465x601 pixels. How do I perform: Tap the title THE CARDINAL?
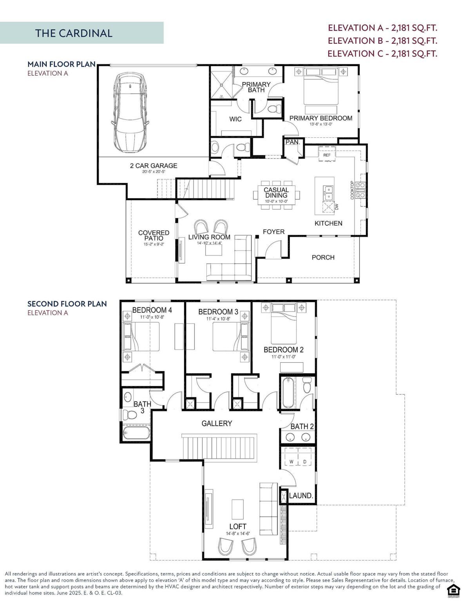pyautogui.click(x=74, y=33)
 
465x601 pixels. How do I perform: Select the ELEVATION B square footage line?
pyautogui.click(x=382, y=41)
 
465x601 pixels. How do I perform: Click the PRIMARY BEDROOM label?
pyautogui.click(x=320, y=118)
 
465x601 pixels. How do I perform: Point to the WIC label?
pyautogui.click(x=235, y=119)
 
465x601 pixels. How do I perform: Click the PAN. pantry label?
pyautogui.click(x=292, y=142)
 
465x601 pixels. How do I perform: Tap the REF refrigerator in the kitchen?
pyautogui.click(x=327, y=155)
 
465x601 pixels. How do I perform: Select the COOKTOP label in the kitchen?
pyautogui.click(x=352, y=190)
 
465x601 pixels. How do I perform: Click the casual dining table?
pyautogui.click(x=276, y=194)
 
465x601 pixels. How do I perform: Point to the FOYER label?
pyautogui.click(x=273, y=232)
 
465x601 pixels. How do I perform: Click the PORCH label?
pyautogui.click(x=323, y=257)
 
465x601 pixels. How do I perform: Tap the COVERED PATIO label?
pyautogui.click(x=154, y=236)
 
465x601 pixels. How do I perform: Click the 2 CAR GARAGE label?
pyautogui.click(x=154, y=166)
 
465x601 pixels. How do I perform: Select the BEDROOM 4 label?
pyautogui.click(x=152, y=310)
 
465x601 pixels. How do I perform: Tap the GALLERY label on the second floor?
pyautogui.click(x=217, y=423)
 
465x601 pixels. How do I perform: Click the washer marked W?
pyautogui.click(x=291, y=462)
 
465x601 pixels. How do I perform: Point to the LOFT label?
pyautogui.click(x=237, y=527)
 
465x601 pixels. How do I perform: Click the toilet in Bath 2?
pyautogui.click(x=307, y=385)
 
